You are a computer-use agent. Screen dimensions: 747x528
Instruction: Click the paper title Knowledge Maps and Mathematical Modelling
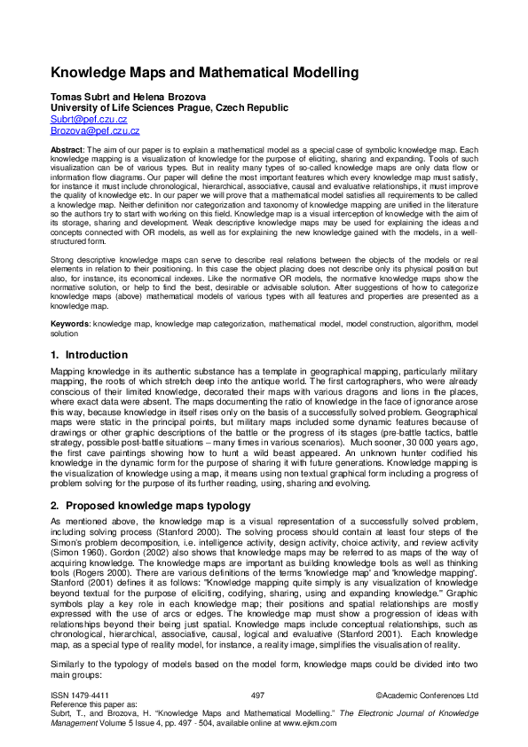[204, 72]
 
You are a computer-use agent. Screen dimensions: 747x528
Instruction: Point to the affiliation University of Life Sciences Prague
[169, 107]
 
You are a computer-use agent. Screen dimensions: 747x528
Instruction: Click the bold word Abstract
[66, 151]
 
